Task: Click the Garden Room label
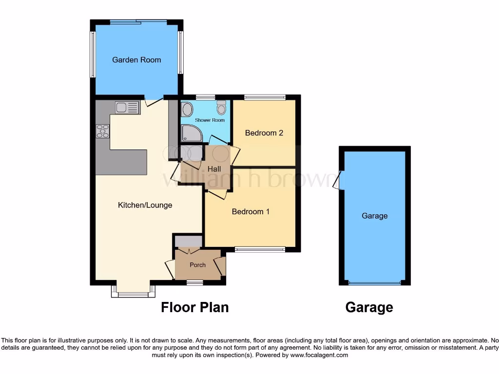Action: coord(136,60)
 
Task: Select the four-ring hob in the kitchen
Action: coord(103,131)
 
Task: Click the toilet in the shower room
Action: coord(221,107)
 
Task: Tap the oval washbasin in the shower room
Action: coord(187,109)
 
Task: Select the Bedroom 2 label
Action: coord(264,133)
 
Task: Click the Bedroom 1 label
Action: coord(250,212)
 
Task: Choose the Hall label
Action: coord(214,169)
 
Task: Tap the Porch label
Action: coord(197,265)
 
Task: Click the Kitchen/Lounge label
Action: coord(145,205)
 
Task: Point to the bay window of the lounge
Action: coord(133,294)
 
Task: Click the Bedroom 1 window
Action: coord(260,249)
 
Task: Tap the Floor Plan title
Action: coord(194,307)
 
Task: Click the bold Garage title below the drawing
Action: coord(369,307)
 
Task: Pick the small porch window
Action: coord(195,282)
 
